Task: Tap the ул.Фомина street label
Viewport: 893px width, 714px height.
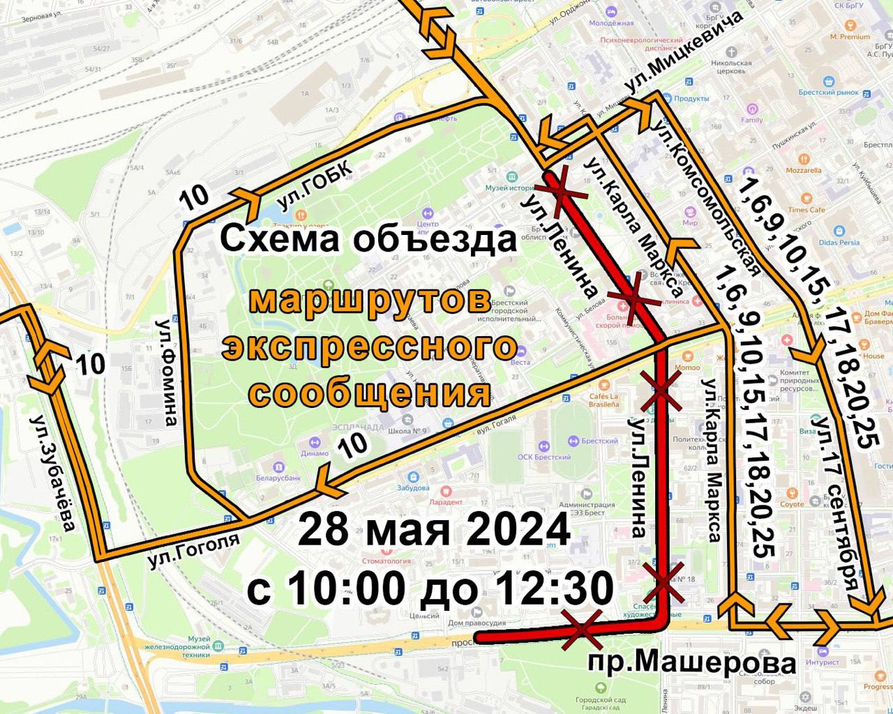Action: [167, 372]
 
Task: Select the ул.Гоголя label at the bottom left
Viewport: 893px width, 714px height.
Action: [193, 550]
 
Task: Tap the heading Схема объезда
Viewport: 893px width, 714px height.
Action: [369, 239]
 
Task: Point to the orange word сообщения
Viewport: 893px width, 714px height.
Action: [370, 393]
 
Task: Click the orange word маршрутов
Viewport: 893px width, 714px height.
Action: [370, 301]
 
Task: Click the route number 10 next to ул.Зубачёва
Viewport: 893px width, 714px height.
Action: [90, 364]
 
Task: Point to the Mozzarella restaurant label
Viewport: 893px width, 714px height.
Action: [804, 170]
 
